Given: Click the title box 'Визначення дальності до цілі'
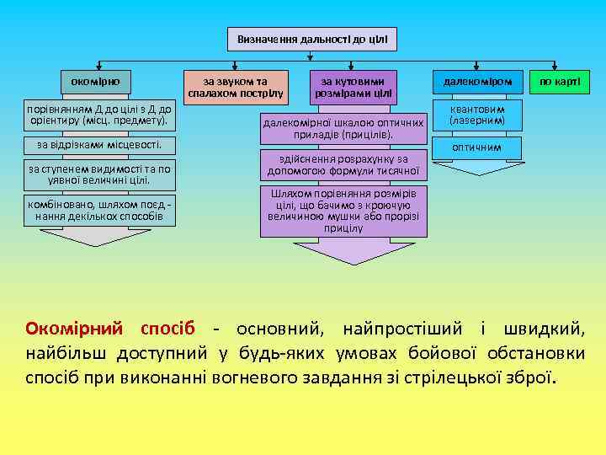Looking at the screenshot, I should coord(311,39).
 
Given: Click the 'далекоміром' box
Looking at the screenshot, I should coord(476,82).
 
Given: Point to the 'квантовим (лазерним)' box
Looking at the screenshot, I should coord(476,115).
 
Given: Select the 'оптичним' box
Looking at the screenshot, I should coord(476,147).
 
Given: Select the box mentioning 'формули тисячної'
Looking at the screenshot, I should coord(343,164).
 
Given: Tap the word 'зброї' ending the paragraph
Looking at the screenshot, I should coord(529,374).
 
